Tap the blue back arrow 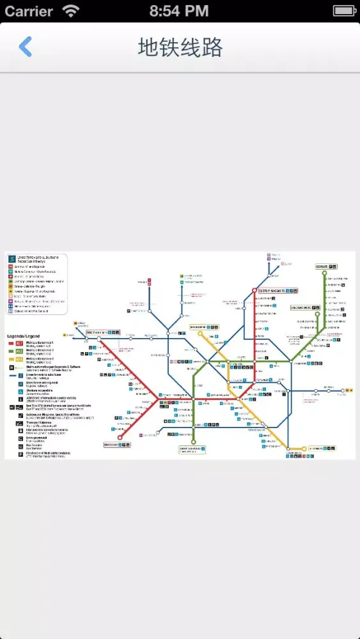pyautogui.click(x=25, y=47)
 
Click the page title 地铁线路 pyautogui.click(x=180, y=47)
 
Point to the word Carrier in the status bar pyautogui.click(x=29, y=11)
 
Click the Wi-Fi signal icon pyautogui.click(x=70, y=11)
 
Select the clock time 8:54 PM pyautogui.click(x=179, y=11)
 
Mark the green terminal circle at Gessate pyautogui.click(x=325, y=273)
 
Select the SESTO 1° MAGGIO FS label pyautogui.click(x=271, y=290)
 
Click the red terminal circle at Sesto pyautogui.click(x=254, y=290)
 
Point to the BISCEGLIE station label pyautogui.click(x=112, y=445)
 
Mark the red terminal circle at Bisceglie pyautogui.click(x=120, y=438)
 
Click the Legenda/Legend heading pyautogui.click(x=23, y=336)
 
